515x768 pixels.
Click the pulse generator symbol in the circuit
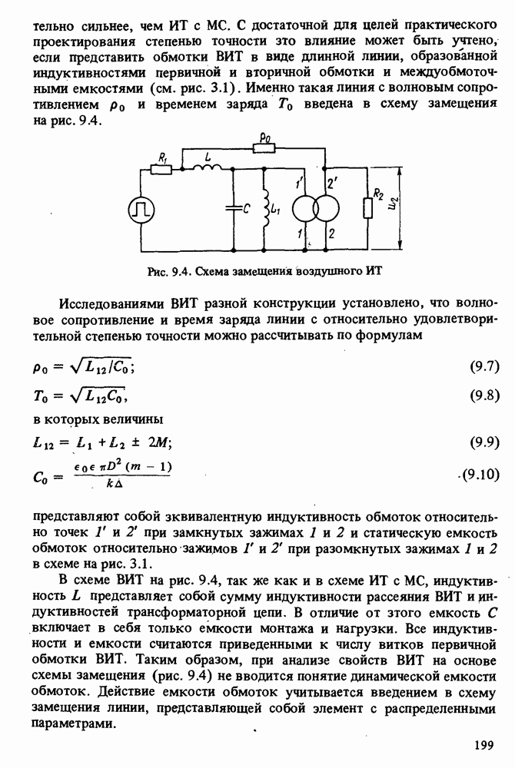pyautogui.click(x=141, y=209)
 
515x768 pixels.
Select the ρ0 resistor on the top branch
pyautogui.click(x=265, y=150)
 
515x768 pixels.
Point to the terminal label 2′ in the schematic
pyautogui.click(x=331, y=184)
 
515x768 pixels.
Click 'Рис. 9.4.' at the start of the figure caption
pyautogui.click(x=169, y=271)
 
